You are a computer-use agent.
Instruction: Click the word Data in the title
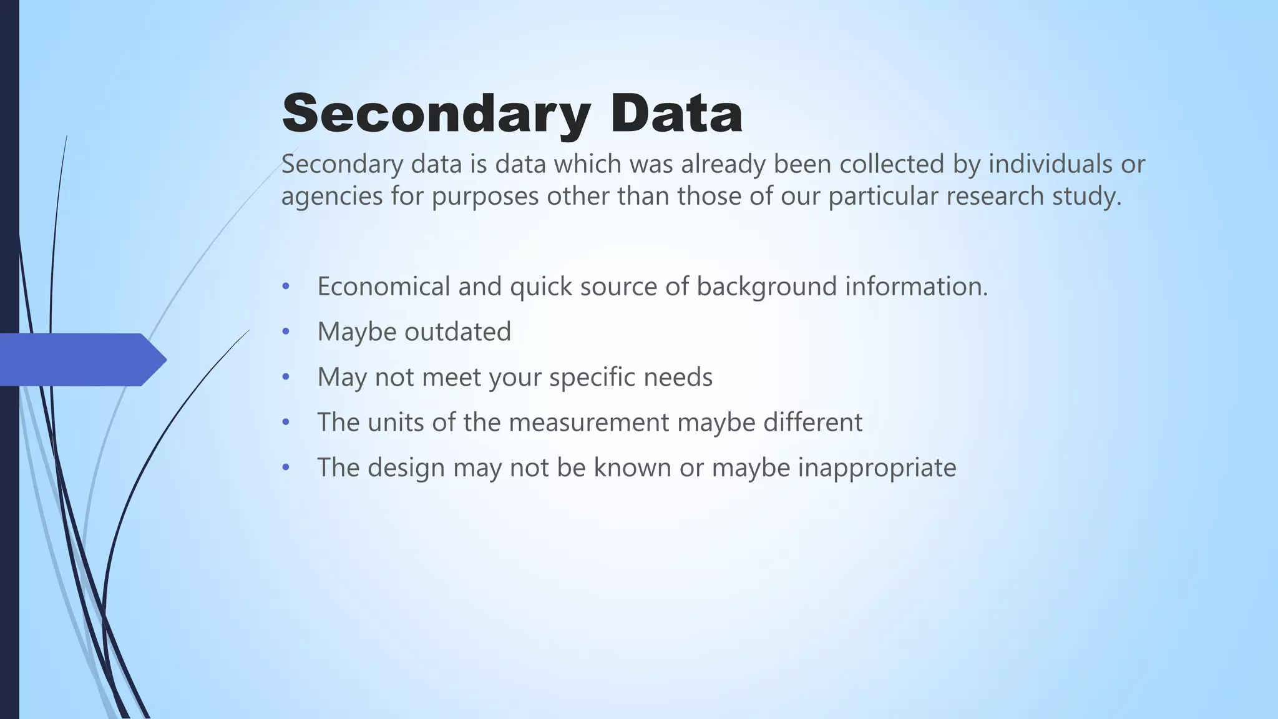click(x=676, y=114)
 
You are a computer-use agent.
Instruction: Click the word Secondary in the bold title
click(x=436, y=114)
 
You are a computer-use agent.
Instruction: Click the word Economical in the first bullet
click(x=383, y=286)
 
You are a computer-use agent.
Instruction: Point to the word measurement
click(x=589, y=423)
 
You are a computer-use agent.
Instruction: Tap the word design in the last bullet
click(x=406, y=467)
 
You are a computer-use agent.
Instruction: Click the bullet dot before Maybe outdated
click(x=286, y=331)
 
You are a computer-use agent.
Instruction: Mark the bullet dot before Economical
click(x=286, y=286)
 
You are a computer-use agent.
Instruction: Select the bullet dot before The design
click(x=286, y=467)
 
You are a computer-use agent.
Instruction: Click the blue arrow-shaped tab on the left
click(x=81, y=359)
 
